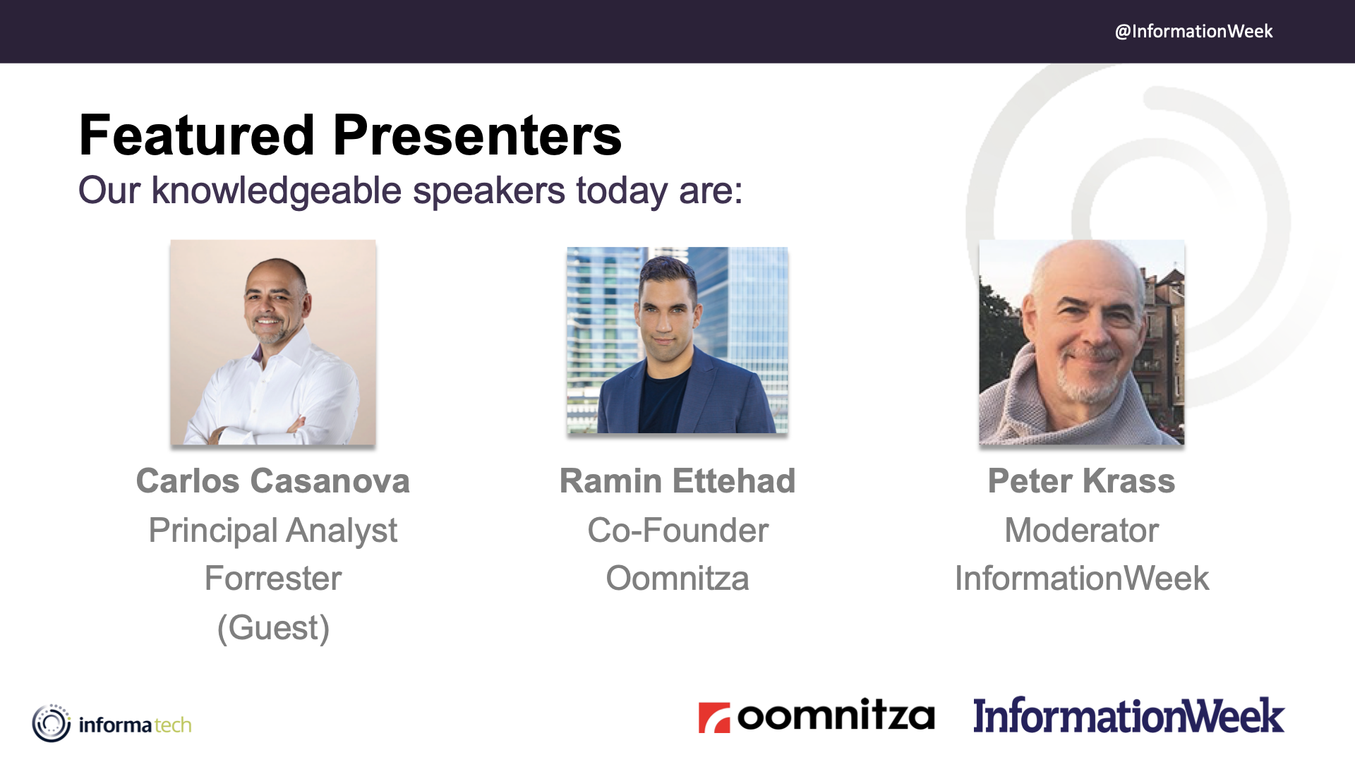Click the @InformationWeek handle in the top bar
click(1193, 31)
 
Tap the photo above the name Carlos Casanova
click(273, 342)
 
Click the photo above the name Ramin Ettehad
click(677, 340)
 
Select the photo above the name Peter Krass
click(1082, 342)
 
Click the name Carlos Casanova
click(273, 481)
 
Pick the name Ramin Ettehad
click(677, 481)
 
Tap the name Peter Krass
click(1082, 481)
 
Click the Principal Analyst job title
click(273, 531)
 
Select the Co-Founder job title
click(677, 530)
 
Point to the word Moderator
click(1082, 530)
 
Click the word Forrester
click(273, 579)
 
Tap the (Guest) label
click(273, 628)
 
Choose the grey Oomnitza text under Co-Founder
click(677, 579)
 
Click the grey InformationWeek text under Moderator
click(1082, 579)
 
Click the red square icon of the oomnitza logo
click(714, 718)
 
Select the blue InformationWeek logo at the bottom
click(1128, 715)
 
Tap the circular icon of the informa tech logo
click(52, 723)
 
